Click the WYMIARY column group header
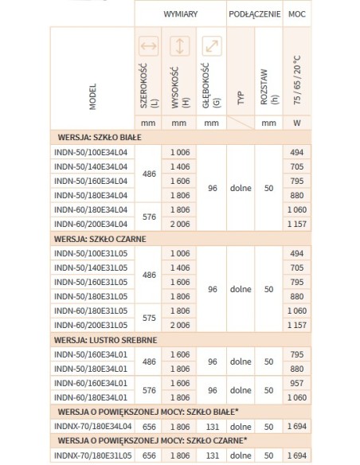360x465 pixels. [x=182, y=14]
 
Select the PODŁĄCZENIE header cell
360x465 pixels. [x=253, y=14]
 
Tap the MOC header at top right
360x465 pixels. [x=295, y=14]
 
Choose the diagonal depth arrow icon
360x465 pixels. [x=210, y=47]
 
